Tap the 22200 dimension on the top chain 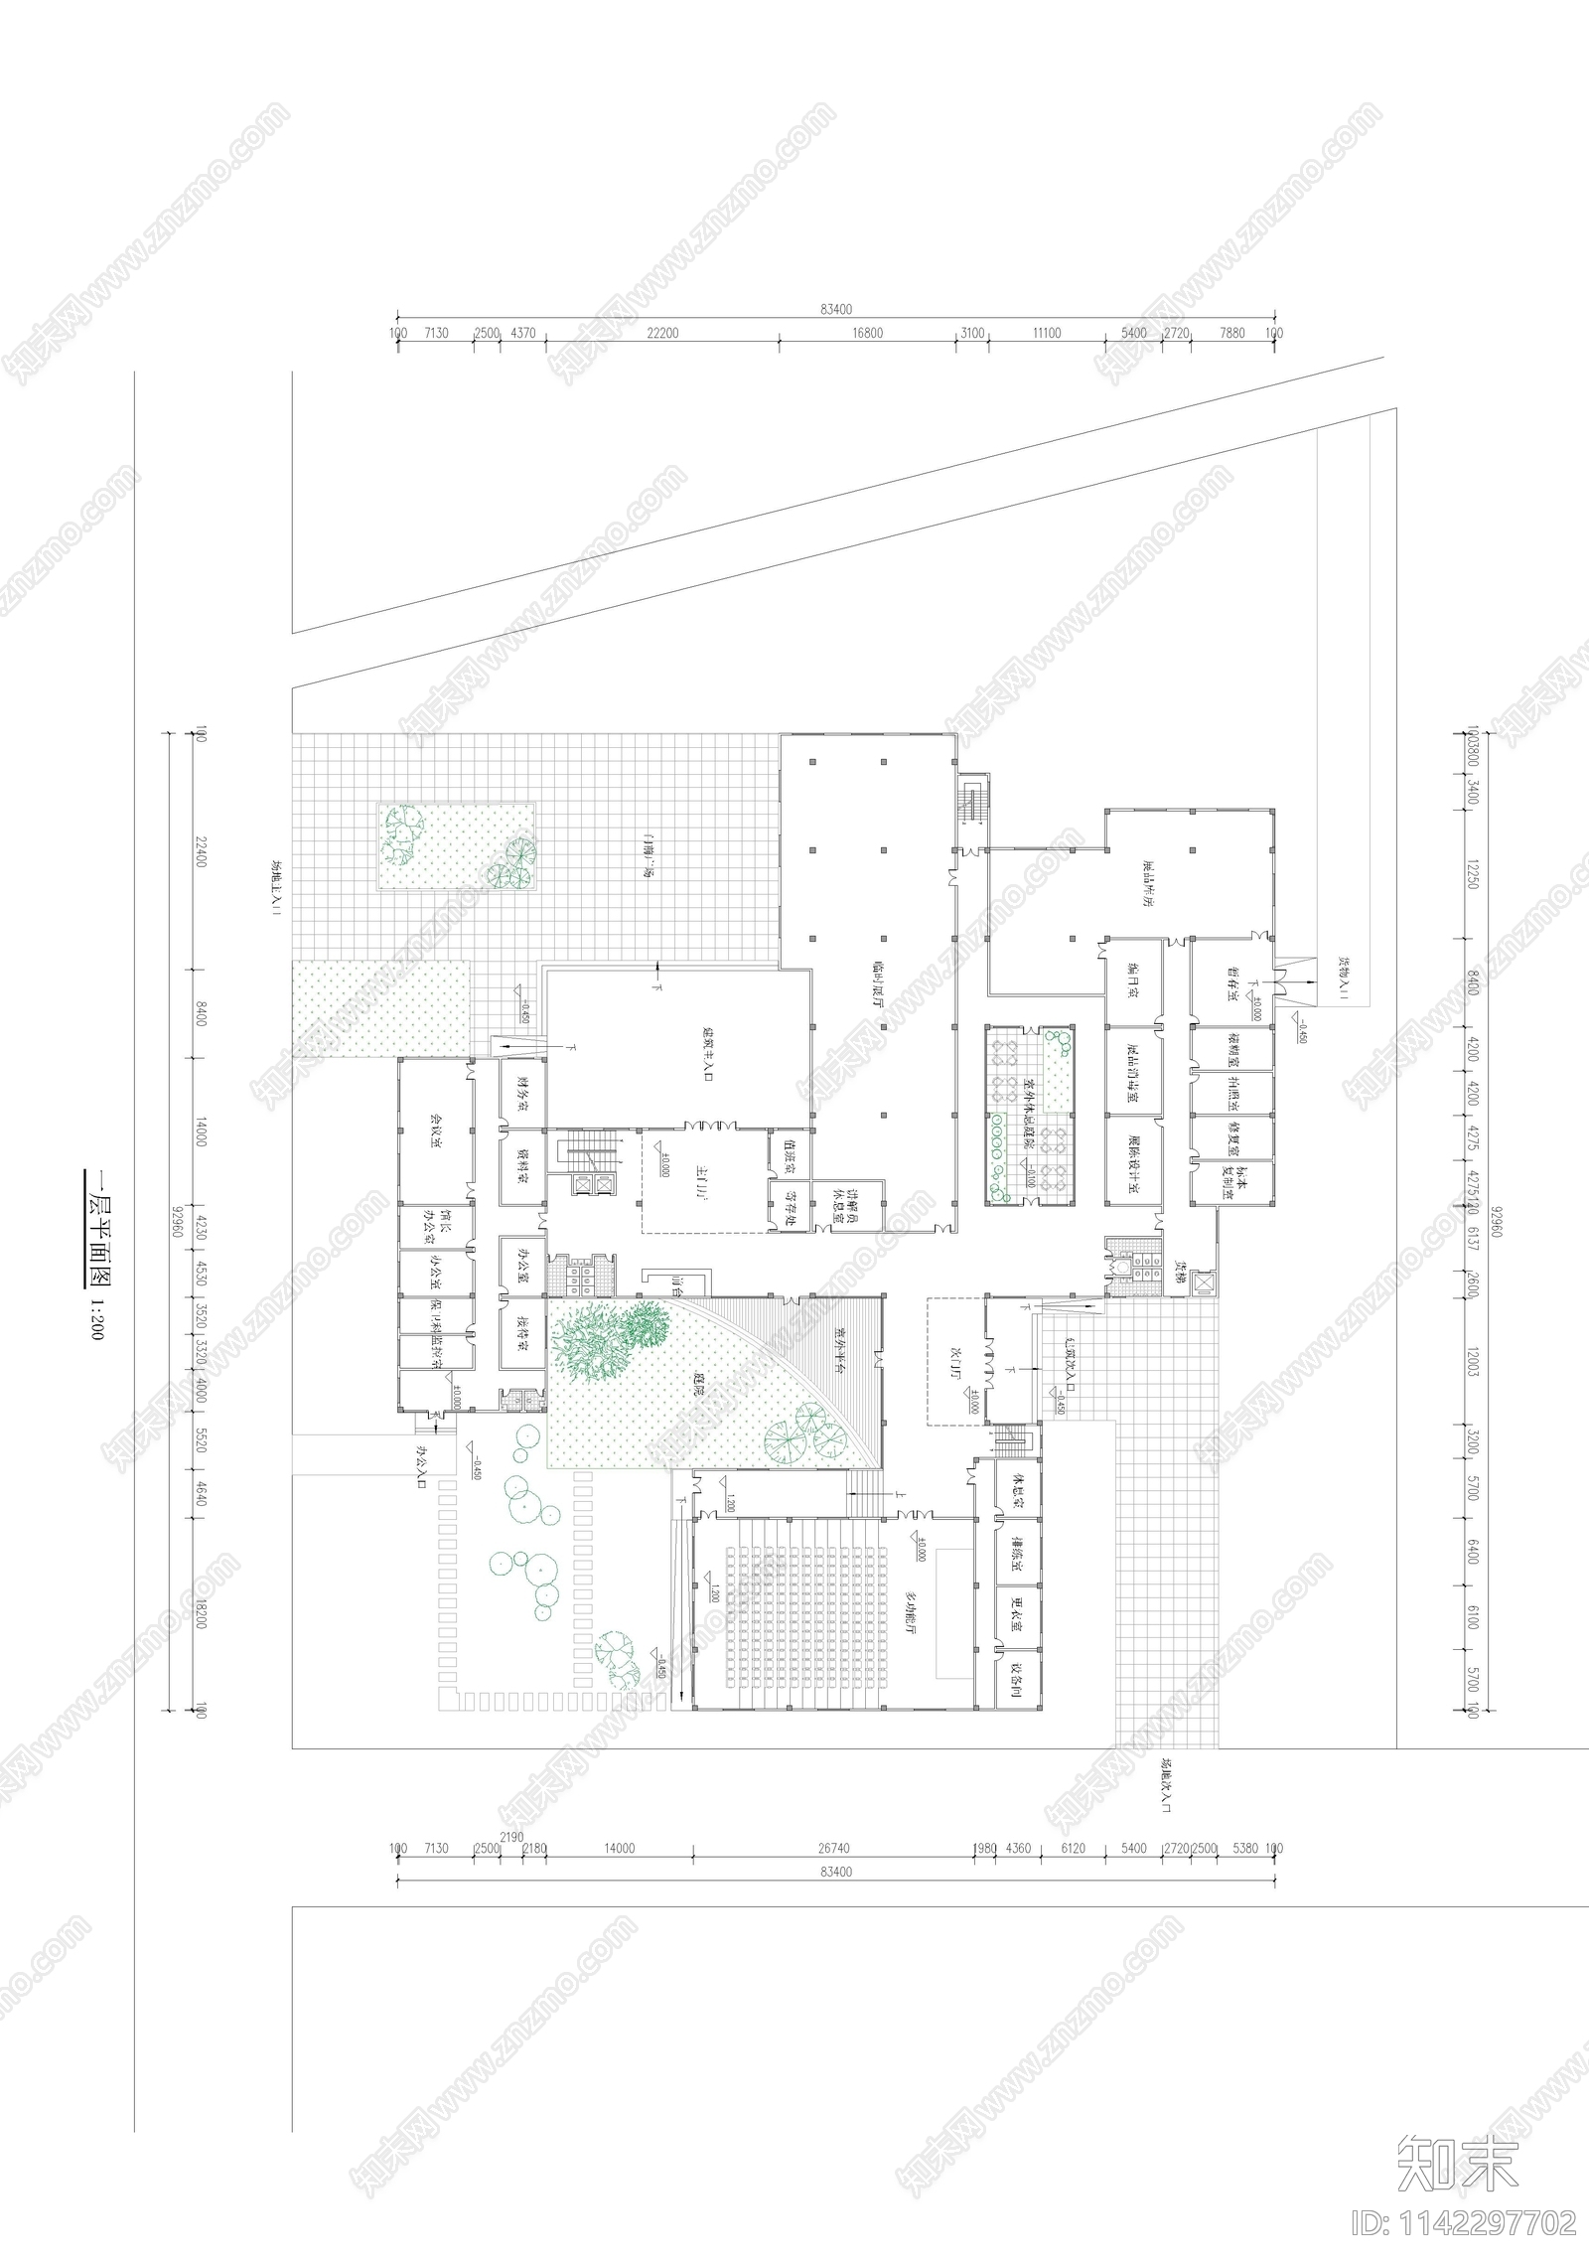[x=662, y=334]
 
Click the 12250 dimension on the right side [x=1473, y=872]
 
